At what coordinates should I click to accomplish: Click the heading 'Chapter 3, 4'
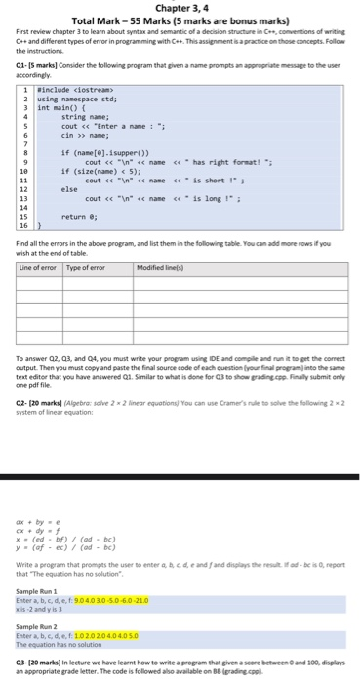[x=180, y=8]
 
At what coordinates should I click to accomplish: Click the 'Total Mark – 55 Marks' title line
[x=180, y=20]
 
